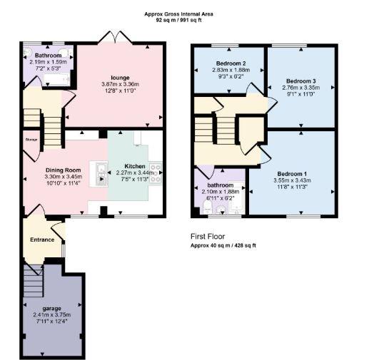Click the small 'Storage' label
click(30, 140)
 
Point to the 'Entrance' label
click(42, 240)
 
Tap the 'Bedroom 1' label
click(292, 175)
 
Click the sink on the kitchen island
click(101, 170)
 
